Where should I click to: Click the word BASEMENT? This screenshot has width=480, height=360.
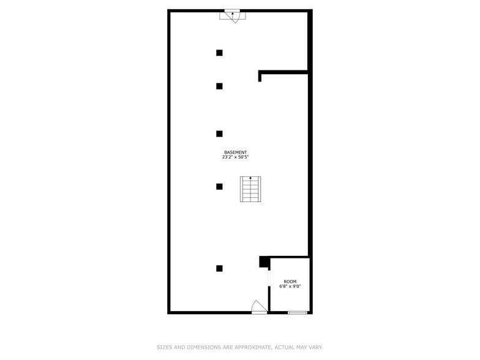[x=236, y=152]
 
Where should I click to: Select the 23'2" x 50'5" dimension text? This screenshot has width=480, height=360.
[x=236, y=157]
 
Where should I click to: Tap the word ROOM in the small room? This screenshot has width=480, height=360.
[x=290, y=282]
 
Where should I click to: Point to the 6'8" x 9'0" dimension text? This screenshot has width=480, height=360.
[x=290, y=287]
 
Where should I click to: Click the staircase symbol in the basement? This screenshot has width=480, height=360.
[x=250, y=189]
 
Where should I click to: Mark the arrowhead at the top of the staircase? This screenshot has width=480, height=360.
[x=250, y=178]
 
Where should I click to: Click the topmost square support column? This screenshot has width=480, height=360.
[x=219, y=53]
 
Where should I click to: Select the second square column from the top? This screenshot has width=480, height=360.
[x=219, y=86]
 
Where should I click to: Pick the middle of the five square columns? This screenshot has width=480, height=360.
[x=219, y=133]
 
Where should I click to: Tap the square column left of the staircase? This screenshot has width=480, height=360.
[x=219, y=187]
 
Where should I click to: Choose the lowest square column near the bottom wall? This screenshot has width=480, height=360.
[x=219, y=268]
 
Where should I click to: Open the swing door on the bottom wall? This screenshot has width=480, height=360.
[x=259, y=308]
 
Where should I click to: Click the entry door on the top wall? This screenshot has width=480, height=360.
[x=233, y=15]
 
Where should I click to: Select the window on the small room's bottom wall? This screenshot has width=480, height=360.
[x=298, y=313]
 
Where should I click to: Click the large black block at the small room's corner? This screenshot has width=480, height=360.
[x=264, y=261]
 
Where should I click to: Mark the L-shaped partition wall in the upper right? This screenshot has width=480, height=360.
[x=282, y=72]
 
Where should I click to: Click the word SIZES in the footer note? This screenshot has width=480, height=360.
[x=164, y=347]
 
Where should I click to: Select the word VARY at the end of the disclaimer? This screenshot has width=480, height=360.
[x=315, y=347]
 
